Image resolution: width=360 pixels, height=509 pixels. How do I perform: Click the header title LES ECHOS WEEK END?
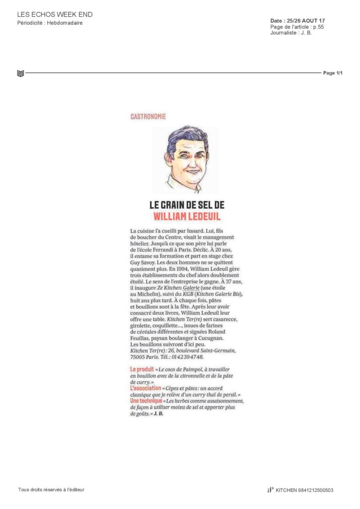(55, 14)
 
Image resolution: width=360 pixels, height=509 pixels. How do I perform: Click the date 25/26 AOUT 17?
(306, 20)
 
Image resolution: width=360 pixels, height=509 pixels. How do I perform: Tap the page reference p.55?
(318, 27)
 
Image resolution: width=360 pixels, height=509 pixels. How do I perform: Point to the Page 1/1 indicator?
(333, 73)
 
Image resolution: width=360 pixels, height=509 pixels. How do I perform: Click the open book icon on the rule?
(20, 74)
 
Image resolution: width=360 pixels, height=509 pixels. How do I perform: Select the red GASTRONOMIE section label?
(148, 116)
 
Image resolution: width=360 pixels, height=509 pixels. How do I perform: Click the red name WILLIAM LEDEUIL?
(186, 216)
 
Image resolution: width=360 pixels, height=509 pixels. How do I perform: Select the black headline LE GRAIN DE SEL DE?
(186, 205)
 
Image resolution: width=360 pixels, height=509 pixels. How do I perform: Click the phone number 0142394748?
(187, 356)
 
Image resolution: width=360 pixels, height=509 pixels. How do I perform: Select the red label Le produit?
(142, 370)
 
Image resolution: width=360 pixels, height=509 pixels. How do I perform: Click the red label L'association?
(145, 388)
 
